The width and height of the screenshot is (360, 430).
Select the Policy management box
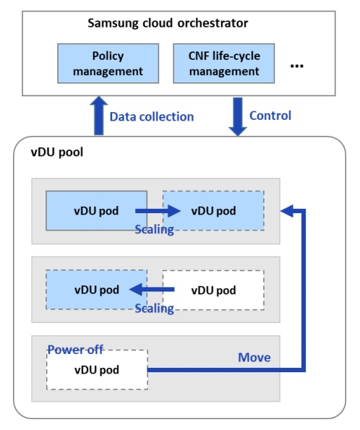click(x=108, y=64)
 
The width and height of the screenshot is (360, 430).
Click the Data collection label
click(x=152, y=116)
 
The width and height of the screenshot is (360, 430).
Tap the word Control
click(x=270, y=116)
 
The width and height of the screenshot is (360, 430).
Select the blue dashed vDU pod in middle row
click(x=96, y=290)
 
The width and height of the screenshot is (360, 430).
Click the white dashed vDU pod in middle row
click(x=213, y=291)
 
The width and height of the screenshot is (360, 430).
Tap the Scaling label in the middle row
click(x=154, y=309)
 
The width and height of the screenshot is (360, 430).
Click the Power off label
click(x=75, y=349)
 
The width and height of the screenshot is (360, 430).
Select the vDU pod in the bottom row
click(x=96, y=369)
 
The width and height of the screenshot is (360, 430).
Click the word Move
click(x=254, y=358)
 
